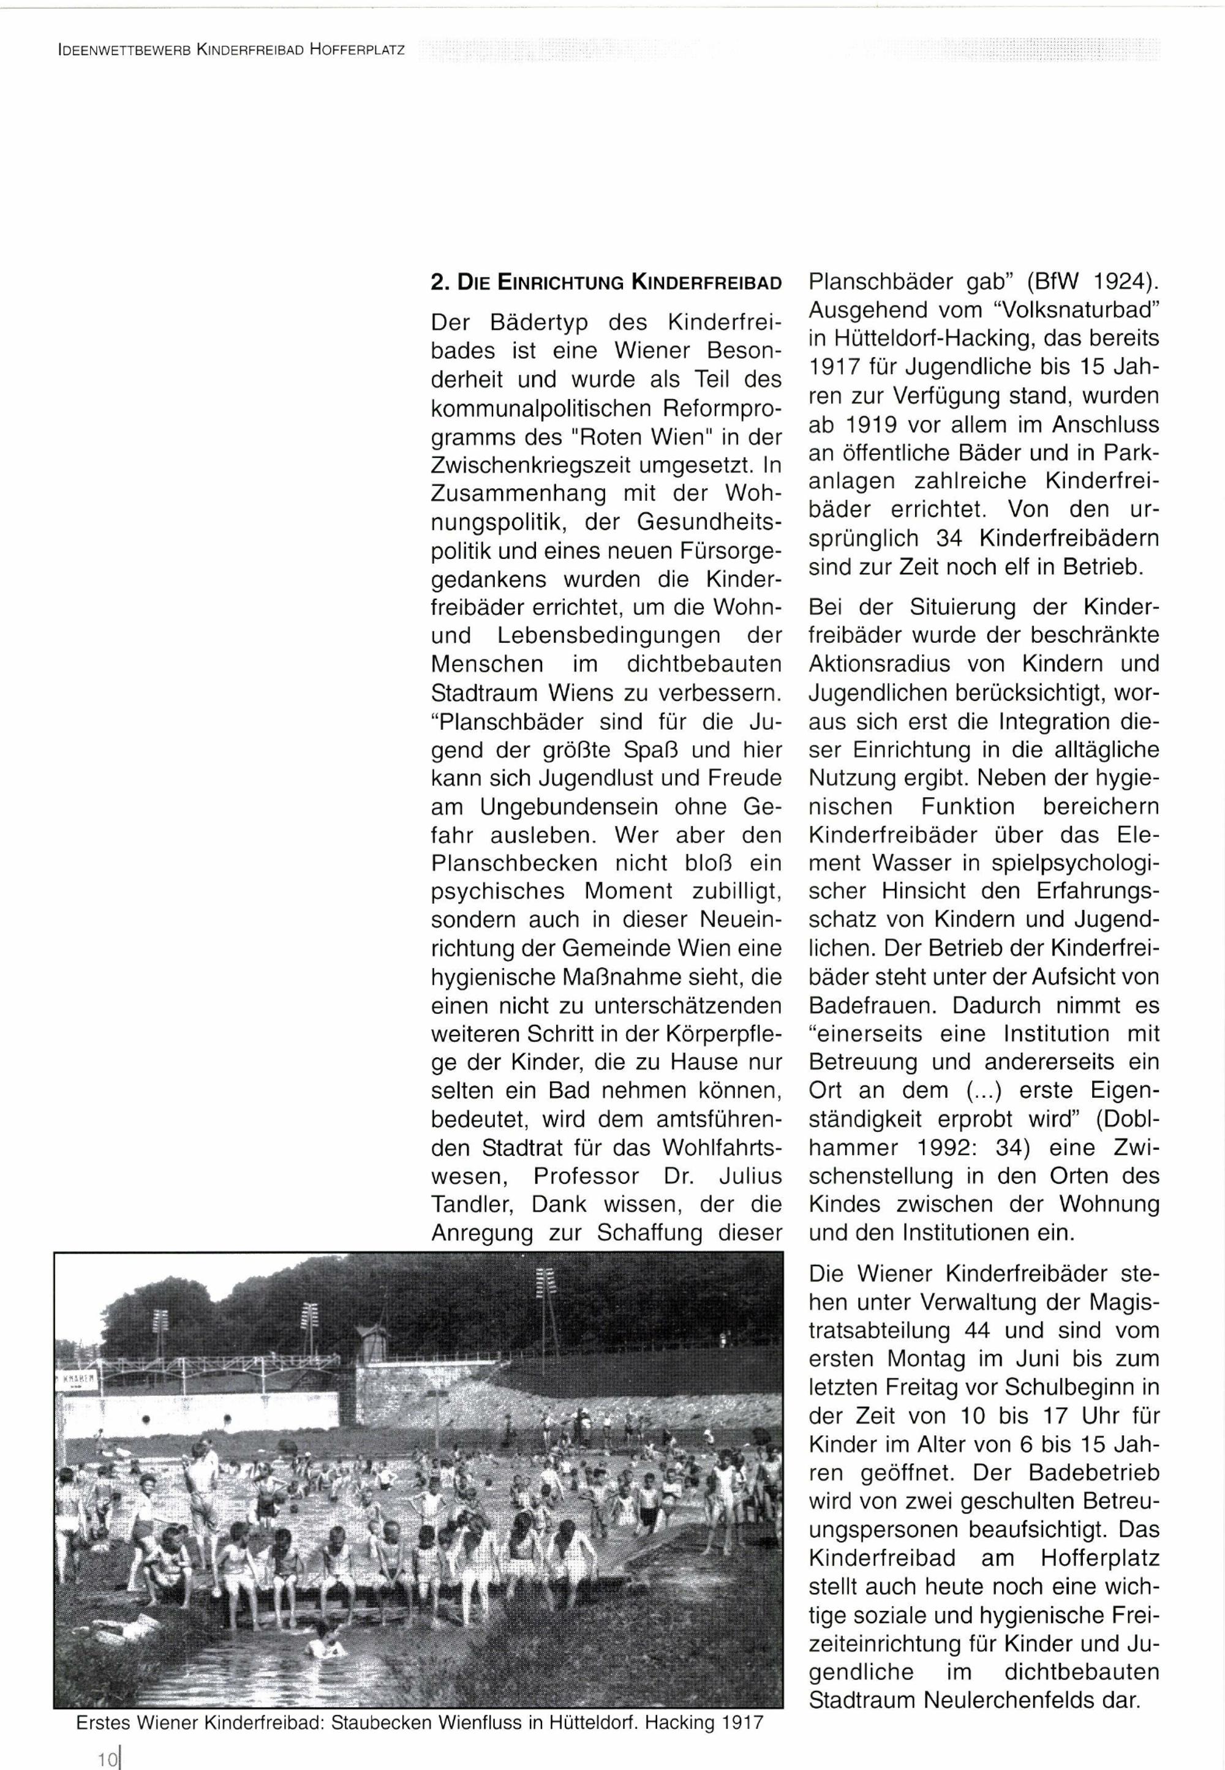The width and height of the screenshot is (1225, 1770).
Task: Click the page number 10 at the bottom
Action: pos(106,1752)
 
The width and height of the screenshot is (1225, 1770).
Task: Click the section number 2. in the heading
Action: pos(439,282)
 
